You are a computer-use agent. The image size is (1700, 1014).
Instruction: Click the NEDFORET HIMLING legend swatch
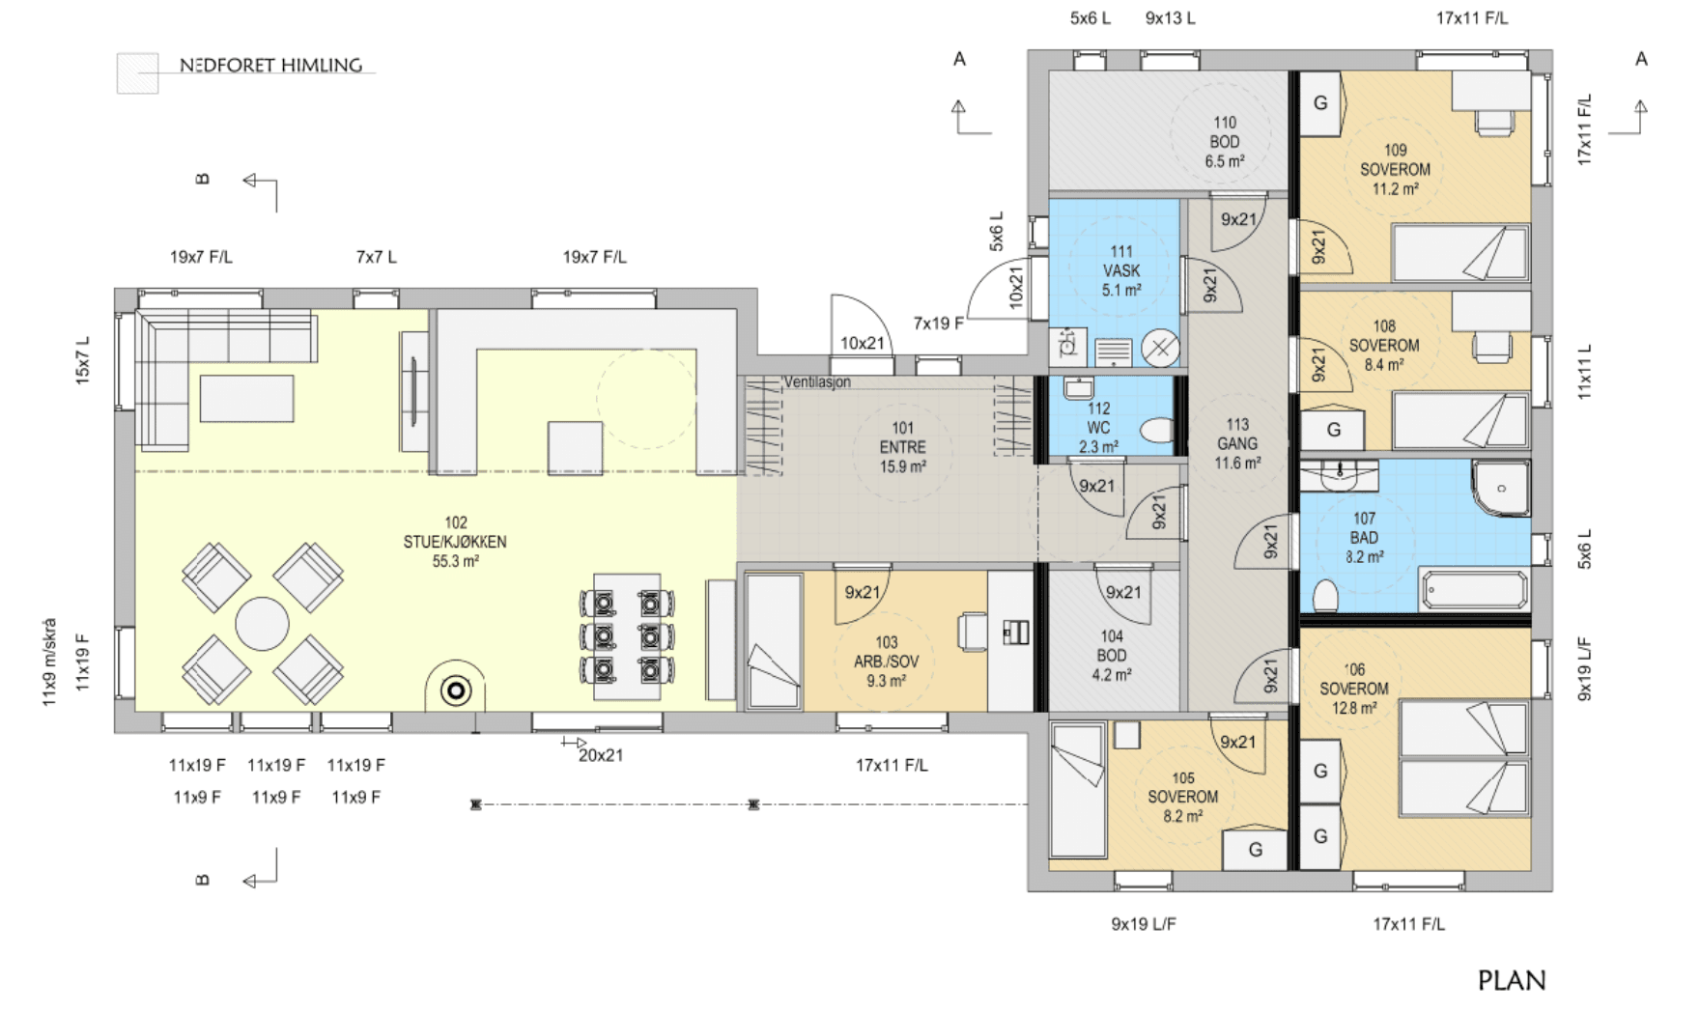point(137,73)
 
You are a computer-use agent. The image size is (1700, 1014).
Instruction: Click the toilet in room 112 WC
point(1156,430)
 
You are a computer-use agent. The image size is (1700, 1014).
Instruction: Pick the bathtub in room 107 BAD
point(1473,589)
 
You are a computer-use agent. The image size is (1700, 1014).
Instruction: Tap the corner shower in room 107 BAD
point(1500,488)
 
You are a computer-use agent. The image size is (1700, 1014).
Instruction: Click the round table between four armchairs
point(262,623)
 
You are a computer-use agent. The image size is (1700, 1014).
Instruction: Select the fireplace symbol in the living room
point(456,690)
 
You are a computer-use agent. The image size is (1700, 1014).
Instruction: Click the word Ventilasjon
point(817,382)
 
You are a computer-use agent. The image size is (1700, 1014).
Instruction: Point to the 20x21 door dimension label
point(601,755)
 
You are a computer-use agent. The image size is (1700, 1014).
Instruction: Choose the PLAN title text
point(1512,980)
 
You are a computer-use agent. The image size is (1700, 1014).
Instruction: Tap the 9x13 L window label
point(1171,18)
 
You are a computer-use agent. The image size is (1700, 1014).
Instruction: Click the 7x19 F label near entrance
point(939,324)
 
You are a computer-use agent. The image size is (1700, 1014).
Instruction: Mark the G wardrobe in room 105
point(1255,850)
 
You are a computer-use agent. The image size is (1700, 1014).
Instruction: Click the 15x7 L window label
point(82,360)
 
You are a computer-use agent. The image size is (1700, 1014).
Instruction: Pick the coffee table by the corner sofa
point(246,399)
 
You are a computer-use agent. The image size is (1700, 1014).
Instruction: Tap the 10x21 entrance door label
point(863,343)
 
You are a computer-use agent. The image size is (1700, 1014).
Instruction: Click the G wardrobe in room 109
point(1320,103)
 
